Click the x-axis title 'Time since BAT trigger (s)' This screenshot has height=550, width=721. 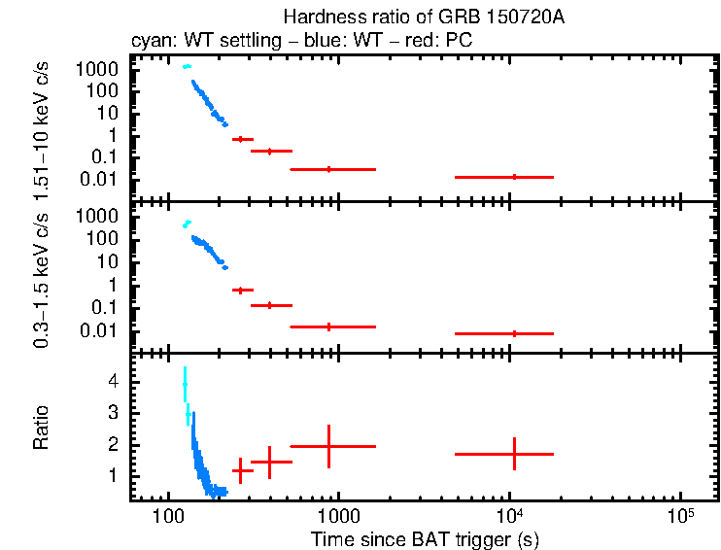[425, 538]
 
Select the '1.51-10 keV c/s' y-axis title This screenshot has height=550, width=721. [42, 128]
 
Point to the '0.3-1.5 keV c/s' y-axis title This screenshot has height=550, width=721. [42, 278]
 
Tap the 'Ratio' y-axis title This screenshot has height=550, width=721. [42, 427]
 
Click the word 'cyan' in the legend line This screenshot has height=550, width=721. [148, 42]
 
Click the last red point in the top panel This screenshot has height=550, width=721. [514, 177]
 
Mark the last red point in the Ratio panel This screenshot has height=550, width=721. [514, 454]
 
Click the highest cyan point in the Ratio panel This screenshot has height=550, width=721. [184, 384]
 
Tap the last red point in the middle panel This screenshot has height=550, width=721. [514, 333]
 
